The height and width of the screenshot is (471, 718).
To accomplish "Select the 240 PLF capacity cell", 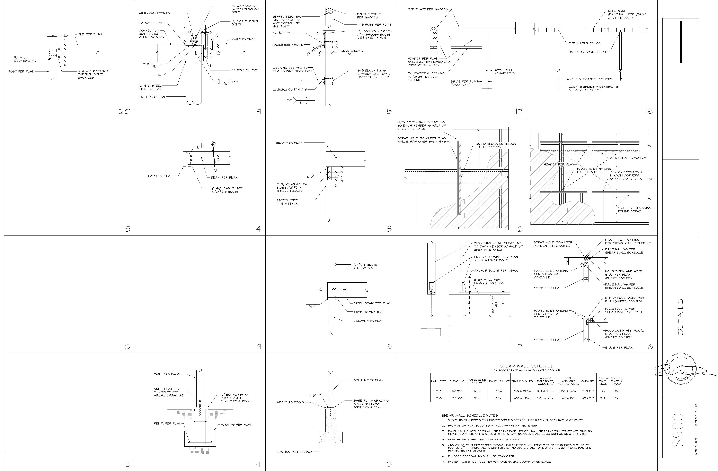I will coord(588,391).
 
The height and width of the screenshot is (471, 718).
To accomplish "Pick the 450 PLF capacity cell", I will coord(588,398).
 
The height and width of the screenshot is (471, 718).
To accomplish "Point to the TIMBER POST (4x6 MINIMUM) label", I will coord(287,202).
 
